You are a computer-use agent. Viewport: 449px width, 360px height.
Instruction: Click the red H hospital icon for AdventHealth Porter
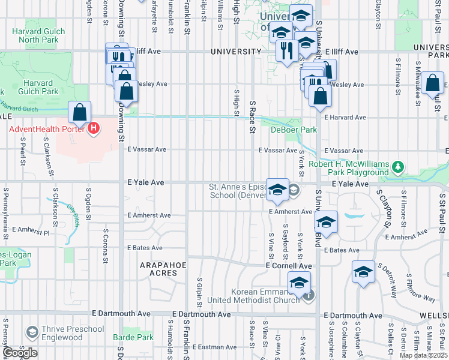pos(93,128)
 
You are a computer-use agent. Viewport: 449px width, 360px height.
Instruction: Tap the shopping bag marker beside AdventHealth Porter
pos(79,112)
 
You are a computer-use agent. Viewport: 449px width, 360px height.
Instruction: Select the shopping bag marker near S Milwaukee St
pos(432,83)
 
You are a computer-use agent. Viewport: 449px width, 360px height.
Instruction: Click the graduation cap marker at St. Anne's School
pos(277,190)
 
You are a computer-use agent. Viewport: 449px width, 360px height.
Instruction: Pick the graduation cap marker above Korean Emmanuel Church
pos(299,282)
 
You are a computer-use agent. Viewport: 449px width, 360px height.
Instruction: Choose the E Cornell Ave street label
pos(289,265)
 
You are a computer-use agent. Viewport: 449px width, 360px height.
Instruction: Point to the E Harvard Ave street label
pos(345,118)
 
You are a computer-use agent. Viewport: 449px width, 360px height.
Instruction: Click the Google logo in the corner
pos(20,353)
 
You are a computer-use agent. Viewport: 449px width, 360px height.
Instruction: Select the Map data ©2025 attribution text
pos(423,355)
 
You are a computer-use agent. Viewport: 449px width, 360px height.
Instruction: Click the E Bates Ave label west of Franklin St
pos(145,248)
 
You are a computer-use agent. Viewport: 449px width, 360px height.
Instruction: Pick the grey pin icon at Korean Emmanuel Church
pos(308,295)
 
